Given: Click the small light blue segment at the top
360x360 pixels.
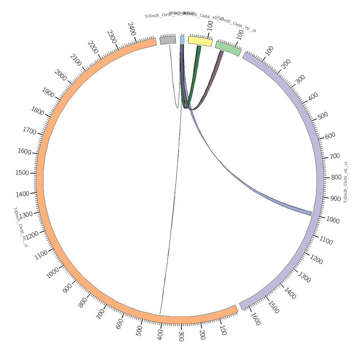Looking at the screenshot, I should pos(182,40).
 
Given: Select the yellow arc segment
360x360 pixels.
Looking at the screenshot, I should pos(200,41).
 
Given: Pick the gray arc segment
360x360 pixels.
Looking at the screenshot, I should pos(168,40).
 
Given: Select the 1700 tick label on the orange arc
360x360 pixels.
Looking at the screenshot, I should pos(30,131).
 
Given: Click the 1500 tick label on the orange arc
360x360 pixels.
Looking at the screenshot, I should pos(22,173).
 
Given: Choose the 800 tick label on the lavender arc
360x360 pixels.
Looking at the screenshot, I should pos(336,177).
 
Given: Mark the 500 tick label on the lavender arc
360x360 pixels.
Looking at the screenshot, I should pos(323,116).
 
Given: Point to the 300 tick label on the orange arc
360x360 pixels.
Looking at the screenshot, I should pos(181,336).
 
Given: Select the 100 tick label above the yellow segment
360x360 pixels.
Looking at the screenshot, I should pos(210,25).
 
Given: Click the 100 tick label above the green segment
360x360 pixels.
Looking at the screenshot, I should pos(240,35).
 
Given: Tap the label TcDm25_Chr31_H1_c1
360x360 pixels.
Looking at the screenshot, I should pos(346,182).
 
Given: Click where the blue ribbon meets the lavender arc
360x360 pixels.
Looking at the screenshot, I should pos(311,213).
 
